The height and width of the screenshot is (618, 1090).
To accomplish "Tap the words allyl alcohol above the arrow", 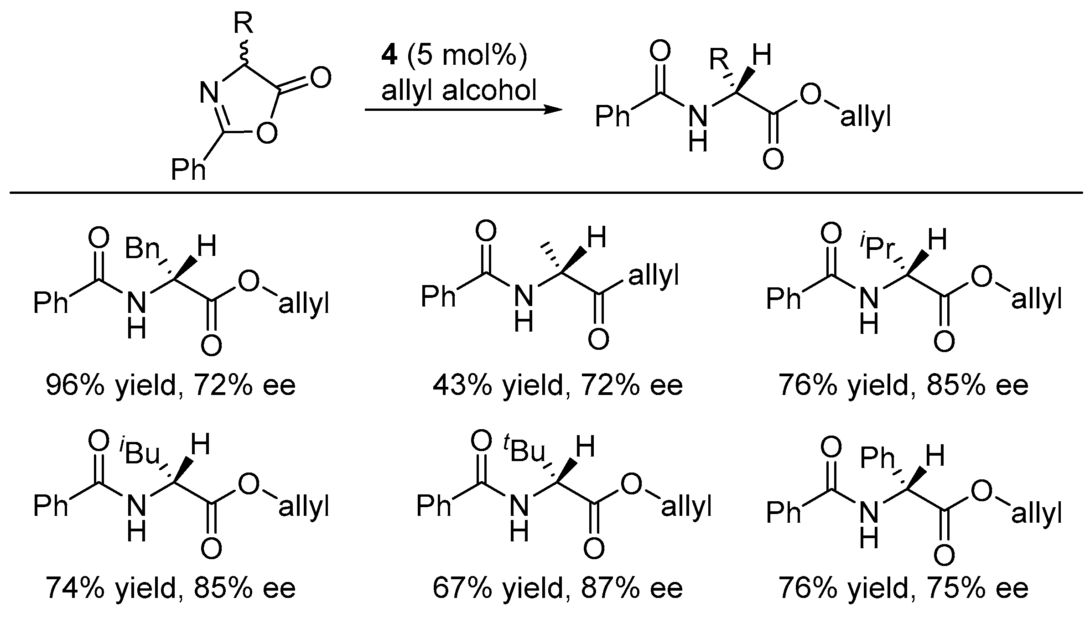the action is pyautogui.click(x=459, y=90).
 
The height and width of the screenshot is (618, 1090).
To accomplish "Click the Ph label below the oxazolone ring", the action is pyautogui.click(x=188, y=170).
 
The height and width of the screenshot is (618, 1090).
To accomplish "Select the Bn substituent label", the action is pyautogui.click(x=142, y=249).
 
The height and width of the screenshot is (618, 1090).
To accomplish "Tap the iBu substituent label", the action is pyautogui.click(x=140, y=453).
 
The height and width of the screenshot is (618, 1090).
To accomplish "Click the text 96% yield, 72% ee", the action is pyautogui.click(x=171, y=385).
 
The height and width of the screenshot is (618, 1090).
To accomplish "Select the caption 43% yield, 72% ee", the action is pyautogui.click(x=557, y=385).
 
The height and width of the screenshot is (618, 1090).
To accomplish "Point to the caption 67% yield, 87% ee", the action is pyautogui.click(x=557, y=588).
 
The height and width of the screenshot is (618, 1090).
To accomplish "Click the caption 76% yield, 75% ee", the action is pyautogui.click(x=903, y=588).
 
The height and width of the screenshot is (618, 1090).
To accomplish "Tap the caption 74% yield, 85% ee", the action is pyautogui.click(x=171, y=588).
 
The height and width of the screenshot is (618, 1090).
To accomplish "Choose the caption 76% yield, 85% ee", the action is pyautogui.click(x=903, y=385).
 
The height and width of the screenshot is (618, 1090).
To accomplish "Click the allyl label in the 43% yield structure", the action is pyautogui.click(x=654, y=275).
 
